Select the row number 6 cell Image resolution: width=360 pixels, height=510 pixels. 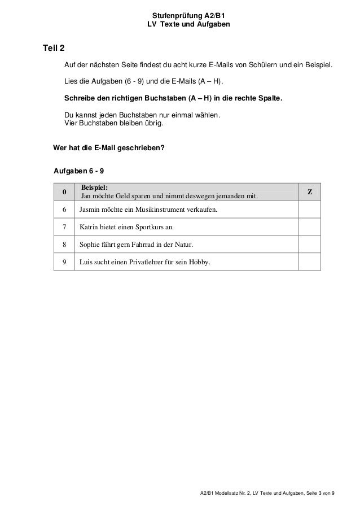(x=64, y=211)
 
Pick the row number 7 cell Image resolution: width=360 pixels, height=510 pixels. (x=64, y=228)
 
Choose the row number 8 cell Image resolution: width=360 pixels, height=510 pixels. (x=64, y=245)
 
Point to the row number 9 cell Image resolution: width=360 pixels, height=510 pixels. (x=64, y=261)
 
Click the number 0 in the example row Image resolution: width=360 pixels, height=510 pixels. (x=64, y=192)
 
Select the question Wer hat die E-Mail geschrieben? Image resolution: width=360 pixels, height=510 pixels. (x=108, y=149)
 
